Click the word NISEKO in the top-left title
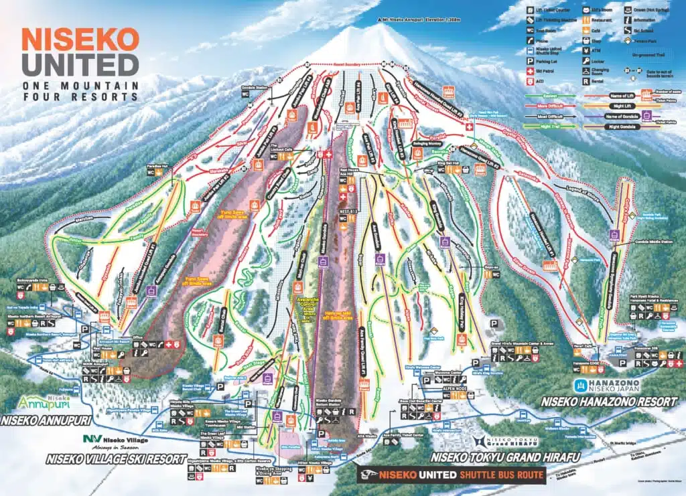pyautogui.click(x=80, y=39)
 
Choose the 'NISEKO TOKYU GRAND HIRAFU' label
pyautogui.click(x=506, y=458)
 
